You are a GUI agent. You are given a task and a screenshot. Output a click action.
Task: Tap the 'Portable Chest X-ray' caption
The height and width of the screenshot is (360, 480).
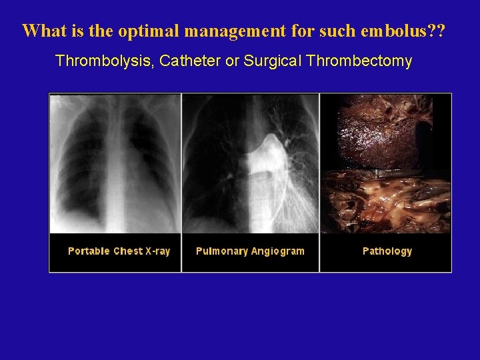point(119,251)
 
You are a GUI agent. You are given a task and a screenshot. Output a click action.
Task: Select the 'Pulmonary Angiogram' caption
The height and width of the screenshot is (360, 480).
point(250,251)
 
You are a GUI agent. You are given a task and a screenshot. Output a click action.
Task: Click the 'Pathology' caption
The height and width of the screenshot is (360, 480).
point(387,251)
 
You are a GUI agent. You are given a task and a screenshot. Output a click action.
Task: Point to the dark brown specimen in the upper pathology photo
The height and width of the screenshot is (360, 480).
point(380,130)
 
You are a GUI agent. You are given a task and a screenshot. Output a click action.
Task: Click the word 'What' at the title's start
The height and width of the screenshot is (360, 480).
point(39,31)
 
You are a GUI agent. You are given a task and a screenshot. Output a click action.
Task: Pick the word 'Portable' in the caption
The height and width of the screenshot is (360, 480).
point(89,251)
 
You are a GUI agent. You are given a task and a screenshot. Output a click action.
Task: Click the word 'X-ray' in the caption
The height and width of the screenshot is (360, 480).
point(158,251)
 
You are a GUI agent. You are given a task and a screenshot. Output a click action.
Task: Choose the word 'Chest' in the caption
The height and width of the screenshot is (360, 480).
point(128,251)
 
